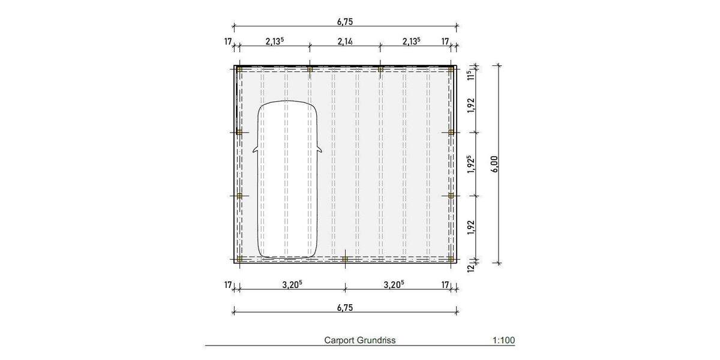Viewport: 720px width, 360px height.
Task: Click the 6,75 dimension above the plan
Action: tap(345, 22)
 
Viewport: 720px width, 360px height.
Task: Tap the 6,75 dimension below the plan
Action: tap(345, 308)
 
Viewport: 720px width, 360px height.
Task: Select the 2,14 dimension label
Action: tap(345, 41)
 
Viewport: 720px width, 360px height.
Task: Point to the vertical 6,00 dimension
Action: tap(494, 164)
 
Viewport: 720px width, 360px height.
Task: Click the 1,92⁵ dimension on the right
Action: tap(471, 164)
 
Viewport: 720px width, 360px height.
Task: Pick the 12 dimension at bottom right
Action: tap(471, 268)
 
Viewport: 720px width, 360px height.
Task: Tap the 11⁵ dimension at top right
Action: tap(471, 75)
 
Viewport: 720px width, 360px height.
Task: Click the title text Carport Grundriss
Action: tap(359, 340)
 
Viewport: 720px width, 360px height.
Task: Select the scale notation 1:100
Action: tap(503, 340)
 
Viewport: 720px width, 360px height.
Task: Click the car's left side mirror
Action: tap(255, 149)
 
